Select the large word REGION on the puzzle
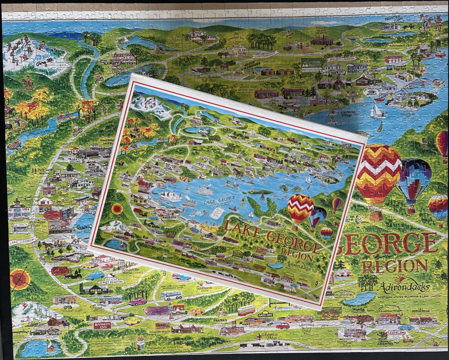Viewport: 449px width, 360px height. pos(395,266)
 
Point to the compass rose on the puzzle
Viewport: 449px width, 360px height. pos(20,280)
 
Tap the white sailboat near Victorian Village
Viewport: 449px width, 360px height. pos(376,110)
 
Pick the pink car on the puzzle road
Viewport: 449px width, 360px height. pos(138,301)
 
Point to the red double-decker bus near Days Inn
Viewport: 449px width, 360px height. pos(246,310)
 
